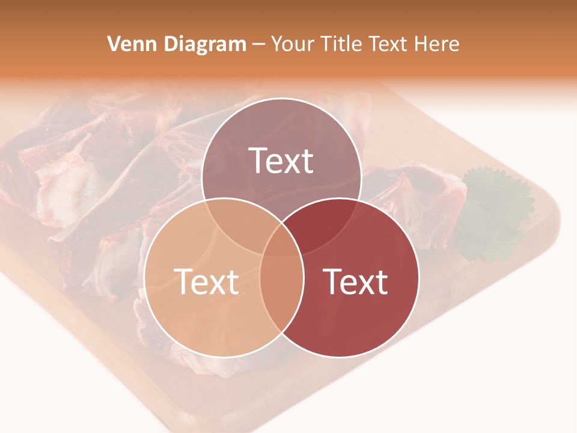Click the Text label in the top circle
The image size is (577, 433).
(x=281, y=161)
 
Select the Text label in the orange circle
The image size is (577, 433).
(x=206, y=281)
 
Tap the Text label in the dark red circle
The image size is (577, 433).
(x=356, y=281)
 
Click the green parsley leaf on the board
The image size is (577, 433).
(x=496, y=210)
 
